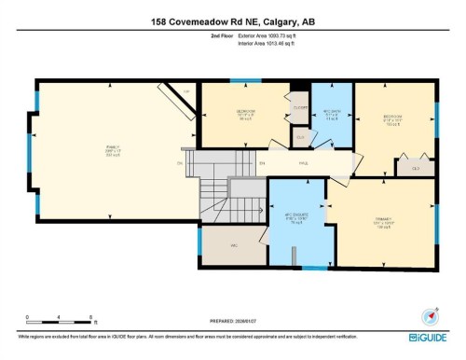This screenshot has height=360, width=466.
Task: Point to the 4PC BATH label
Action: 330,115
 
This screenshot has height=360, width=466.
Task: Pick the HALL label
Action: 303,163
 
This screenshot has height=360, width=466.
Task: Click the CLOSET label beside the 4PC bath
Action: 300,107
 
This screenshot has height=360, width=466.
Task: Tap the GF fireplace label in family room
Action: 186,90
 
